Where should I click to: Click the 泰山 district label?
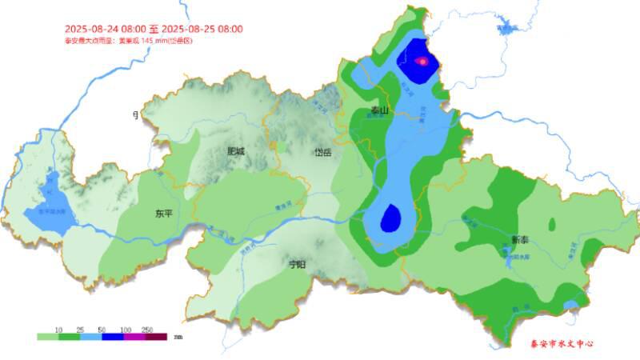379,111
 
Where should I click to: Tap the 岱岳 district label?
322,152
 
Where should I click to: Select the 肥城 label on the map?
235,150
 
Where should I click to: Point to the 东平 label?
164,214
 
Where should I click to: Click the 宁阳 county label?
298,264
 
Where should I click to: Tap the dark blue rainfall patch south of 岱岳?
391,218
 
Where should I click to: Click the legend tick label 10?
58,330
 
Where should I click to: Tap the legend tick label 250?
147,330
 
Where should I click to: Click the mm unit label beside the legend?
178,337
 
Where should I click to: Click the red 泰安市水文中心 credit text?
562,344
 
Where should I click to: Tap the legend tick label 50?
102,330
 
